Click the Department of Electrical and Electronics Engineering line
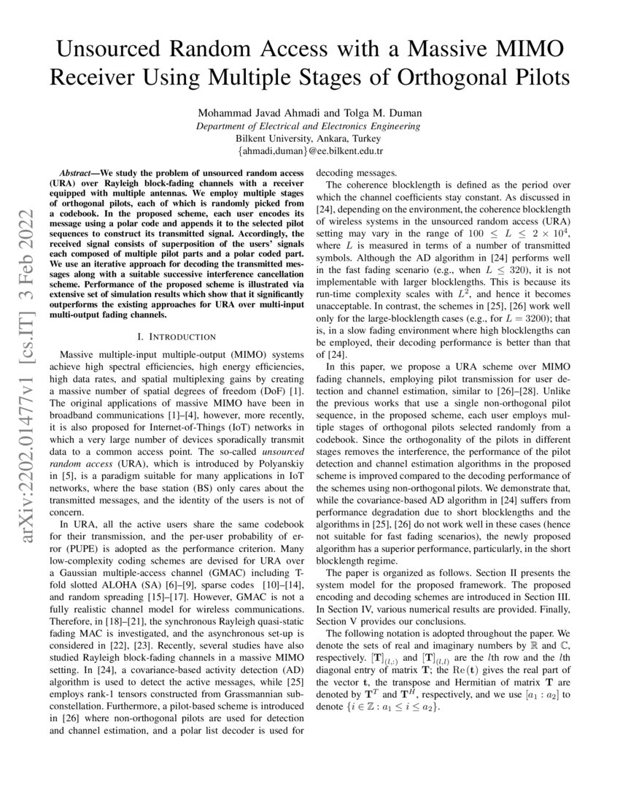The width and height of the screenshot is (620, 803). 309,126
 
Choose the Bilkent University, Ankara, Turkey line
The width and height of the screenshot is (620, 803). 309,138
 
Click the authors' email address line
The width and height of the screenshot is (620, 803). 309,151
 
